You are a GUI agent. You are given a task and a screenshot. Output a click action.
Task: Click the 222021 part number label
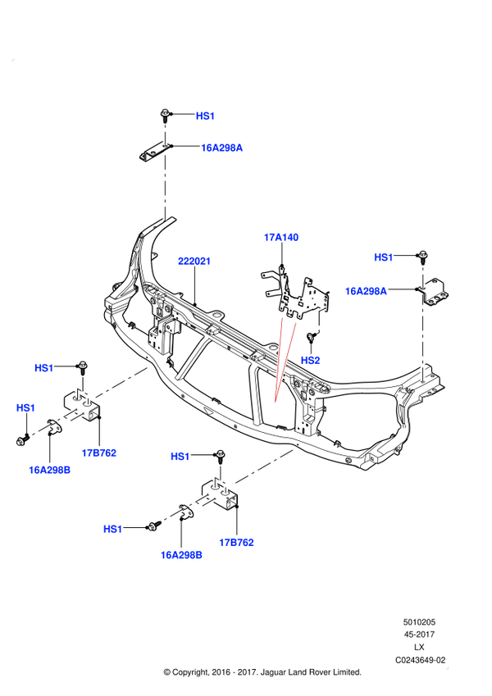pos(194,262)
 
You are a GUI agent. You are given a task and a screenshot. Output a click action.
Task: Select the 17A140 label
pos(281,238)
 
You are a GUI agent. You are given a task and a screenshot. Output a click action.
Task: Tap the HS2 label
pos(310,360)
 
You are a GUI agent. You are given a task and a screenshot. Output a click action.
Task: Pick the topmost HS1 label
pos(205,116)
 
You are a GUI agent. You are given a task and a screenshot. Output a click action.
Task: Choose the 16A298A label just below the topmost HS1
pos(222,148)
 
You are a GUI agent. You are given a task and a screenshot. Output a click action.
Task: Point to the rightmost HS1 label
pos(383,257)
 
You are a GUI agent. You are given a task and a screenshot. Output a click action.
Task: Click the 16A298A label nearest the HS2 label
pos(366,291)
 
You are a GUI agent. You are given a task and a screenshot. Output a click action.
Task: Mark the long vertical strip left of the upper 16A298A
pos(165,185)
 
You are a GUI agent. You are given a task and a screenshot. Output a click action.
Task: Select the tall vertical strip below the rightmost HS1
pos(422,332)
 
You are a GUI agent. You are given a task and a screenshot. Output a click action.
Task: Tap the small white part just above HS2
pos(319,320)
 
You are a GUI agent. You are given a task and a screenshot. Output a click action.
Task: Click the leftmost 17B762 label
pos(99,453)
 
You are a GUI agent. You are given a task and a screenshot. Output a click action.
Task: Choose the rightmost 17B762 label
pos(237,542)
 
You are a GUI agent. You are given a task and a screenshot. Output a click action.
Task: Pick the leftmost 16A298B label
pos(49,470)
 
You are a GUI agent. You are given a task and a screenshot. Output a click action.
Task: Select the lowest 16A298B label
pos(181,555)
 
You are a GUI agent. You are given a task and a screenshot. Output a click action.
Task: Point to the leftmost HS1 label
pos(25,407)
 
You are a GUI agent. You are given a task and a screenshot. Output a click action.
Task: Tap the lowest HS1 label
pos(112,529)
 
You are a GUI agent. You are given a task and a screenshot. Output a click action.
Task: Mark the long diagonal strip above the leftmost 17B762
pos(122,382)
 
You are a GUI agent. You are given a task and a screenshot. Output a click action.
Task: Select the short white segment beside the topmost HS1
pos(165,134)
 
